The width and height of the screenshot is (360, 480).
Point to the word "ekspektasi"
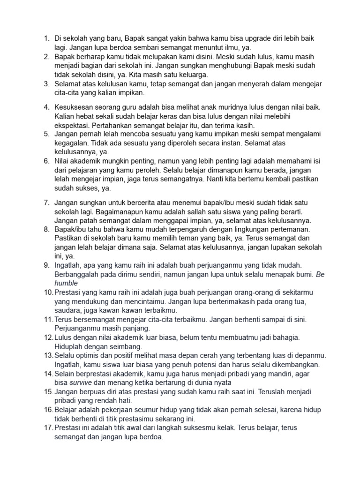click(72, 125)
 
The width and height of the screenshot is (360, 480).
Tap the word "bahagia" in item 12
click(285, 337)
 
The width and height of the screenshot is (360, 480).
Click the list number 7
click(46, 202)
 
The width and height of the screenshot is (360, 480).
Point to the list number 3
click(46, 84)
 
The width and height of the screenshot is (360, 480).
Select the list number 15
click(48, 391)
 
